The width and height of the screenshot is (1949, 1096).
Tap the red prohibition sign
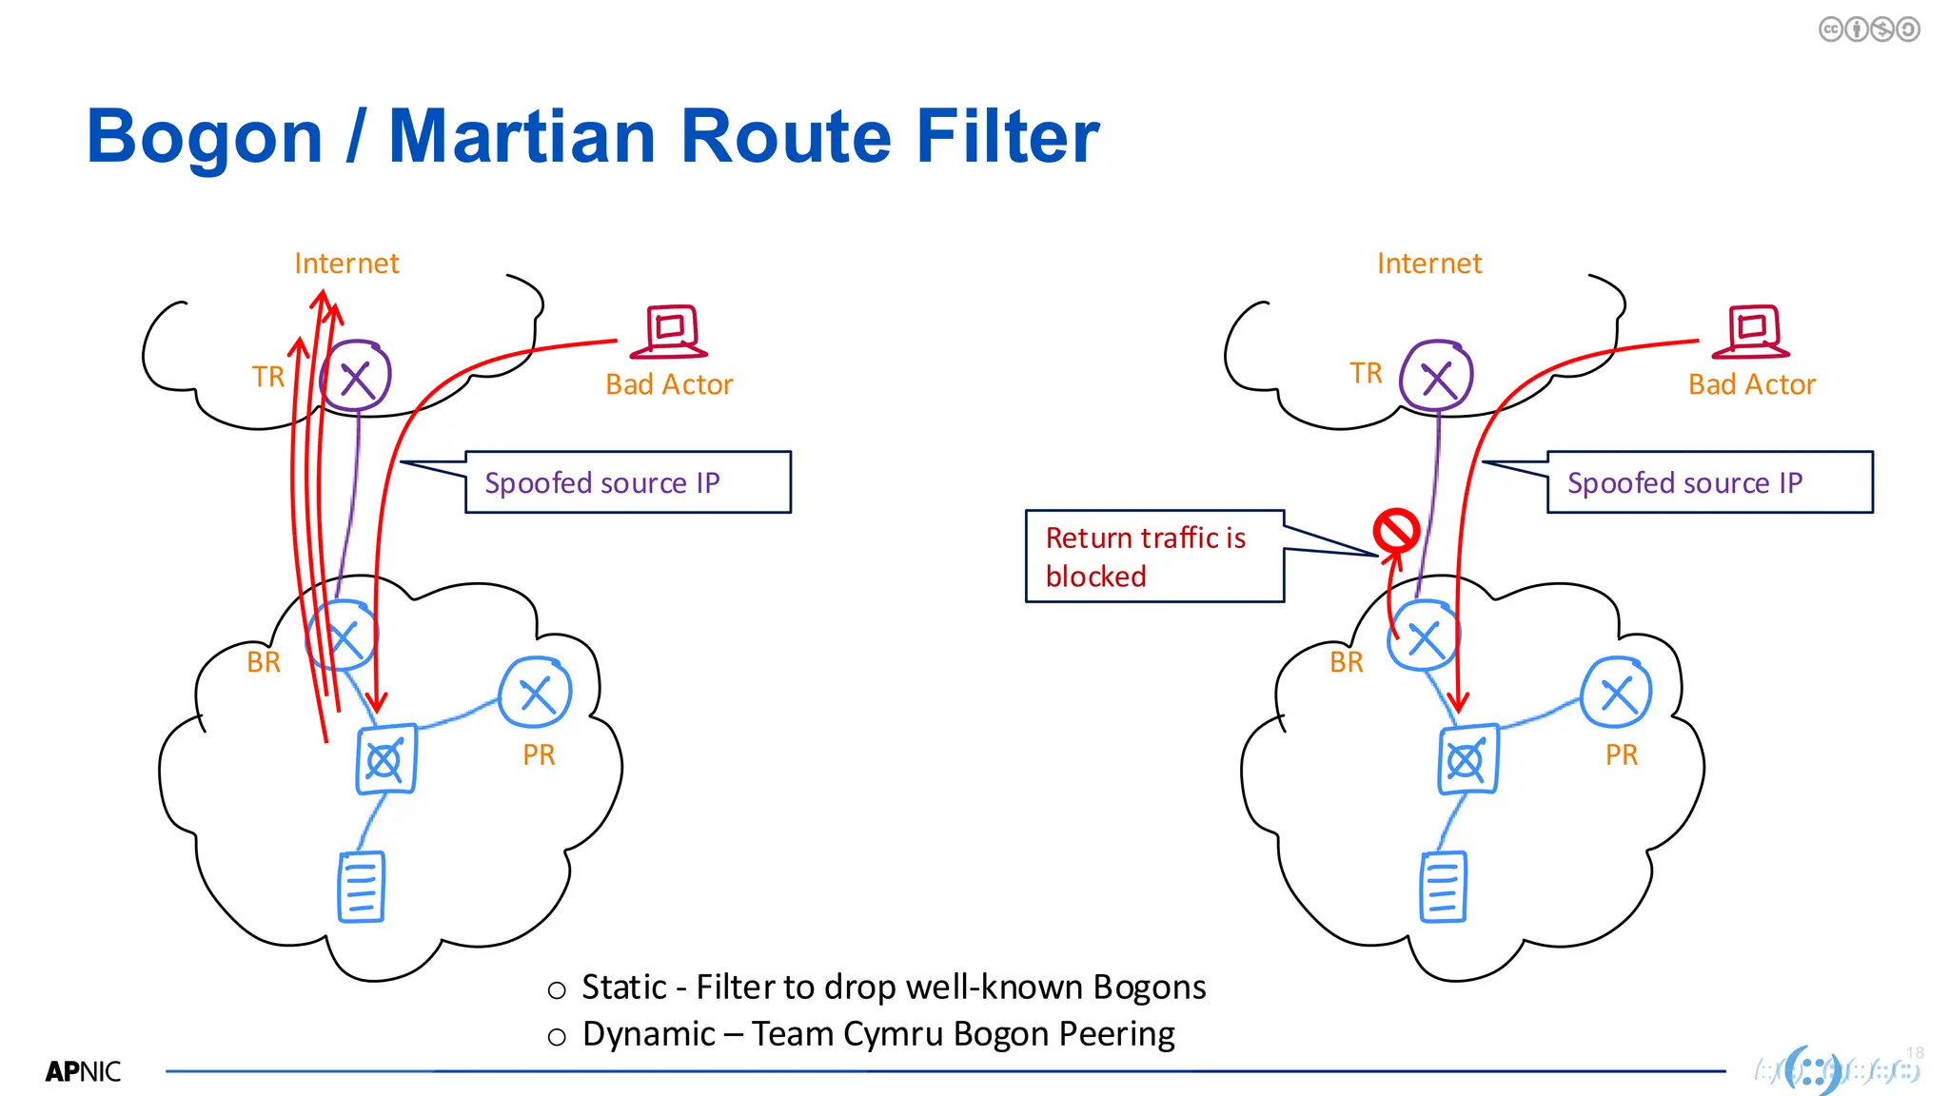pyautogui.click(x=1395, y=531)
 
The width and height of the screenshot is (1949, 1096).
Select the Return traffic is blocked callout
pyautogui.click(x=1153, y=557)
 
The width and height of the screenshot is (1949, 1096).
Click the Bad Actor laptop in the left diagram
pyautogui.click(x=671, y=331)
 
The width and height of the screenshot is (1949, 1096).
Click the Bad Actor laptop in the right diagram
pyautogui.click(x=1752, y=331)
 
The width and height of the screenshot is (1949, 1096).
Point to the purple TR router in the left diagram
pyautogui.click(x=356, y=377)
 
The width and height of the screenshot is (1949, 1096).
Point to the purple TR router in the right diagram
pyautogui.click(x=1437, y=377)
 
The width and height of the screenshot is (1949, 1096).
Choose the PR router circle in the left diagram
pyautogui.click(x=536, y=693)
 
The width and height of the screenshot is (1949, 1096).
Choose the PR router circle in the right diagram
pyautogui.click(x=1617, y=693)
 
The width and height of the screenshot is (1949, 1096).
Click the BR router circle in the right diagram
pyautogui.click(x=1424, y=636)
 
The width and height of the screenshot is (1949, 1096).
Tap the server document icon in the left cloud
pyautogui.click(x=362, y=887)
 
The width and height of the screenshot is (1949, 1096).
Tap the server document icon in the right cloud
pyautogui.click(x=1444, y=887)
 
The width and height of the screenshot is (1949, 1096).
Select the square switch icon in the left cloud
pyautogui.click(x=385, y=759)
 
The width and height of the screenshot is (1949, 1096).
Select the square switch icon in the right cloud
pyautogui.click(x=1467, y=759)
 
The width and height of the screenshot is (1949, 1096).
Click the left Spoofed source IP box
pyautogui.click(x=628, y=482)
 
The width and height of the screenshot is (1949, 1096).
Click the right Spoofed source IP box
pyautogui.click(x=1709, y=482)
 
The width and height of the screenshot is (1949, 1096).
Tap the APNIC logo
pyautogui.click(x=84, y=1072)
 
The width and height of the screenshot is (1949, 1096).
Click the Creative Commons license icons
pyautogui.click(x=1869, y=29)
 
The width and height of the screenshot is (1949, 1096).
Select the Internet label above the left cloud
pyautogui.click(x=346, y=264)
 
